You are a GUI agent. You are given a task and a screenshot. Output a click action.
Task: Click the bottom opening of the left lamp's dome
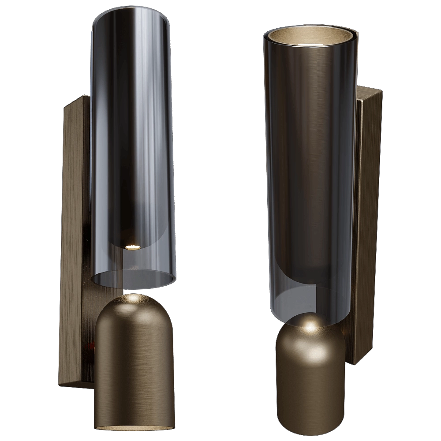point(131,427)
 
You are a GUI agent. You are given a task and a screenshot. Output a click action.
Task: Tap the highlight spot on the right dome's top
point(310,327)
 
